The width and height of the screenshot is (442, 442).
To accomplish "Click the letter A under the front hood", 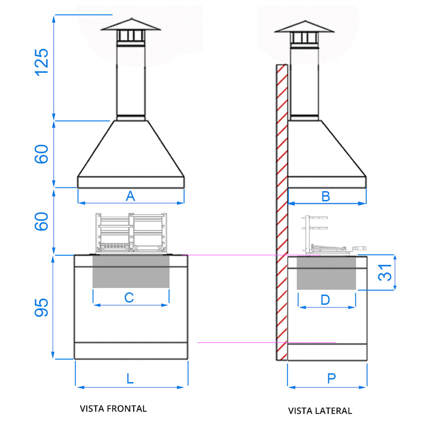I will coord(130,196).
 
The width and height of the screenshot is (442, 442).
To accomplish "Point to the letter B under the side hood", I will coord(326,196).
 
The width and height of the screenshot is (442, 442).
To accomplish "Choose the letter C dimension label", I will coord(129,297).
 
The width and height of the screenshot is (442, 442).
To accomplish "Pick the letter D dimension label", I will coord(325,299).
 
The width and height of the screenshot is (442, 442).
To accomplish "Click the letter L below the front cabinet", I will coord(130,378).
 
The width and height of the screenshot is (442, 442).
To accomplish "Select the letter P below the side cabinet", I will coord(331,378).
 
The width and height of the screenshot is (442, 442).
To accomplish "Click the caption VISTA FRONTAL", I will coord(113,409).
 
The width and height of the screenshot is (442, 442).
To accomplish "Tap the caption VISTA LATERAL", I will coord(320,411).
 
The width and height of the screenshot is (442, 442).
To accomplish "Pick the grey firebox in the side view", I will coord(327,273).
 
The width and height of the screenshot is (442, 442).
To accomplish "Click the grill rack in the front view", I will coord(131,232).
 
